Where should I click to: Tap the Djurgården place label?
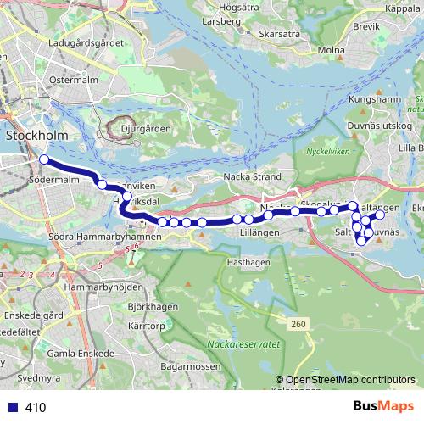click(141, 130)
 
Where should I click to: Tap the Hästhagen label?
click(248, 263)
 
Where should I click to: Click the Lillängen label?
click(259, 232)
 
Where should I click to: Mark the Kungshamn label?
click(374, 99)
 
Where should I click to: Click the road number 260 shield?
click(297, 324)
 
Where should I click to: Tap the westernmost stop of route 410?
click(43, 159)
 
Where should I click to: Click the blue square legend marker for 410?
click(11, 408)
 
